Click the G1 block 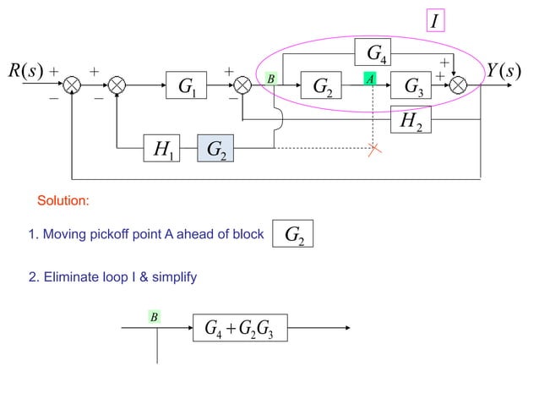(188, 85)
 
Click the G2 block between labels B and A (322, 85)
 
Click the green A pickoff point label (369, 79)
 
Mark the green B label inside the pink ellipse (271, 79)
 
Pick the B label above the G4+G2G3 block (155, 317)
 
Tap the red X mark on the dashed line (374, 149)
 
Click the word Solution (63, 201)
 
